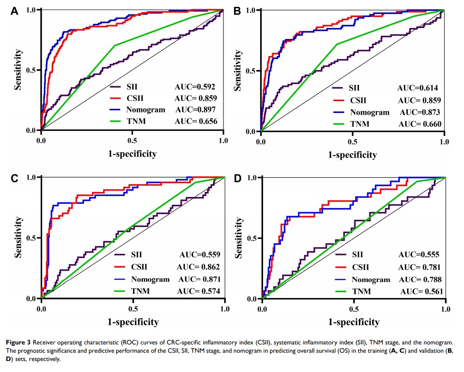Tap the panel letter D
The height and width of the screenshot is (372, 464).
pos(237,177)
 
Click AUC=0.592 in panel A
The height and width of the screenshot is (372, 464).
pos(196,86)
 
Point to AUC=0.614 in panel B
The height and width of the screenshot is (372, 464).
pos(418,89)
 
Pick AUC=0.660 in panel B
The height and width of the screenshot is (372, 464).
pos(419,124)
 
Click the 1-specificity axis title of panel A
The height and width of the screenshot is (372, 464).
pos(132,154)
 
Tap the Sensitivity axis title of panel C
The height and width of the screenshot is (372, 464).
pos(19,237)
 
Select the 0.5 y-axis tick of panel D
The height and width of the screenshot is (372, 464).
pos(252,238)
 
